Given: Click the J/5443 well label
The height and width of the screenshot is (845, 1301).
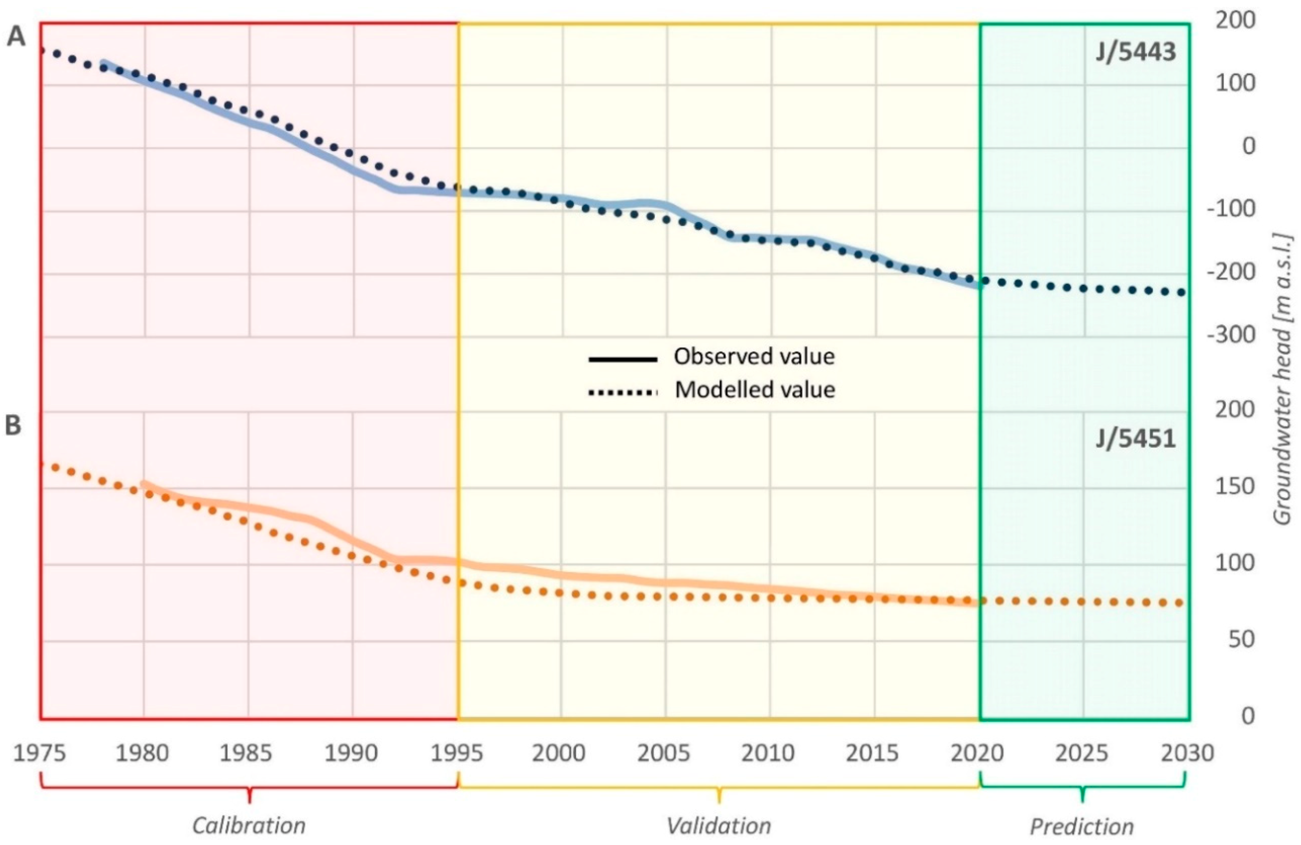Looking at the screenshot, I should point(1135,53).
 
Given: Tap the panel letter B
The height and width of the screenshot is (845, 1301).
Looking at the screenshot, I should point(13,426).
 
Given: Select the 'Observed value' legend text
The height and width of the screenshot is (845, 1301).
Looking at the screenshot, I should point(754,357).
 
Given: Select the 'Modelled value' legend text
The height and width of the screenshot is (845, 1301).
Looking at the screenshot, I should point(754,390).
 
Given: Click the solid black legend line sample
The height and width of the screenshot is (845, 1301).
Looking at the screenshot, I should point(622,360).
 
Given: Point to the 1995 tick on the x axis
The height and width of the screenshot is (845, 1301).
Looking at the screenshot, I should point(457,753).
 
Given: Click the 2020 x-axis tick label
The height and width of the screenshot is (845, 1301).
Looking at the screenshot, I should point(978,753).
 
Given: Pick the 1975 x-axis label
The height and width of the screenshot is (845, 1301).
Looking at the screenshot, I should point(39,753).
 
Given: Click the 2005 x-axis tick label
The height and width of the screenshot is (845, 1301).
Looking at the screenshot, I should point(664,753).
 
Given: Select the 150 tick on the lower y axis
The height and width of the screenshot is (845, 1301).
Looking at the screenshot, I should point(1234,487).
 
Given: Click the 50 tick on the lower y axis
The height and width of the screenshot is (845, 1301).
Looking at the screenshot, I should point(1241,640).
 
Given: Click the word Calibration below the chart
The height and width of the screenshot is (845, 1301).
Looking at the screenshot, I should point(249,825).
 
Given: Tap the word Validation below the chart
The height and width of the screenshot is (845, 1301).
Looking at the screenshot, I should point(719,825).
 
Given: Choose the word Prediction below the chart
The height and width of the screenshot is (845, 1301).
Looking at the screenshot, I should point(1082,826).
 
